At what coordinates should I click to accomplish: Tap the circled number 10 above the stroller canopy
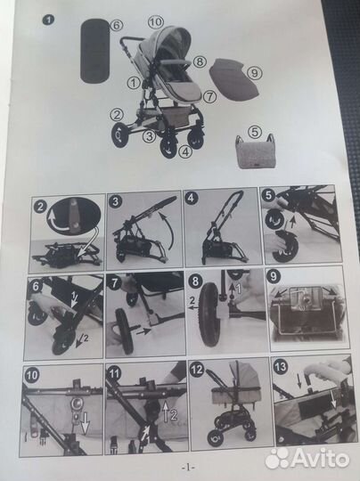click(x=155, y=20)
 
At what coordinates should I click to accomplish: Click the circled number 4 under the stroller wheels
click(x=184, y=151)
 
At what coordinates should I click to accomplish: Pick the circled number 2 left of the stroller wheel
click(x=116, y=113)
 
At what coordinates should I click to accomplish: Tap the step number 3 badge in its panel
click(x=116, y=202)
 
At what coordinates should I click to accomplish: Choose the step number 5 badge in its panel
click(x=267, y=195)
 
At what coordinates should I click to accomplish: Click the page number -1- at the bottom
click(x=186, y=465)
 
